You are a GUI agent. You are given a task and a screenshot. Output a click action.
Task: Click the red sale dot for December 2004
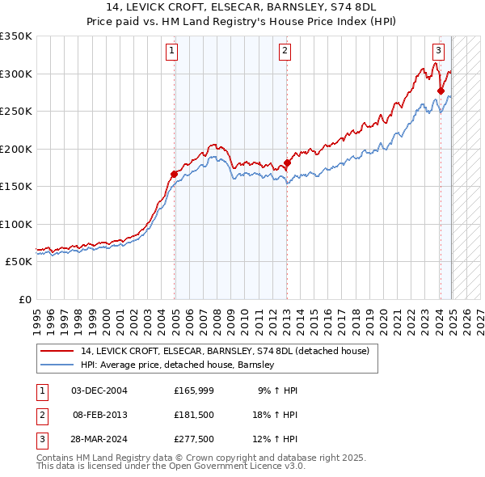tap(174, 174)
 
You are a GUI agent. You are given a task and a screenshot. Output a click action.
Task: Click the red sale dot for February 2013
tap(287, 163)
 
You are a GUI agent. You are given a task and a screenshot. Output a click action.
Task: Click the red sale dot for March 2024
tap(441, 91)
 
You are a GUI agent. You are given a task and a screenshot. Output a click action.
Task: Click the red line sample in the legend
tap(57, 352)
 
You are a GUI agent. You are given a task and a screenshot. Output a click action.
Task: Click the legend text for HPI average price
tap(178, 365)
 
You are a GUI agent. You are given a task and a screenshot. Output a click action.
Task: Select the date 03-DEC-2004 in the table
tap(99, 390)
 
